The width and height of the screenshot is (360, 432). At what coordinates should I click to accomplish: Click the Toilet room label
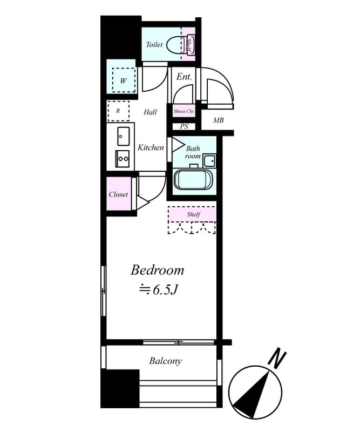click(x=154, y=44)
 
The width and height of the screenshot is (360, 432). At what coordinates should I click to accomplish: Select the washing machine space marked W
click(x=124, y=80)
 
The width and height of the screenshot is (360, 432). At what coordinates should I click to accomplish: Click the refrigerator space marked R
click(x=118, y=111)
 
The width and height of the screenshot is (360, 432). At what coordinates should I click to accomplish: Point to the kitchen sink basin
click(x=124, y=137)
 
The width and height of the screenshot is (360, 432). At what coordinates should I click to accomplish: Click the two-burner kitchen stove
click(x=123, y=159)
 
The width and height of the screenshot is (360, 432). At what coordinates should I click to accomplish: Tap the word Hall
click(x=150, y=112)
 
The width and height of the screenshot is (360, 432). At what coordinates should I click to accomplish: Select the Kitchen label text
click(x=151, y=147)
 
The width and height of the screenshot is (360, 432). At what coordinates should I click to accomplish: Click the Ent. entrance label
click(x=184, y=77)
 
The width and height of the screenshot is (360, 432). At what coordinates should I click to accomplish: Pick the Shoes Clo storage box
click(x=184, y=111)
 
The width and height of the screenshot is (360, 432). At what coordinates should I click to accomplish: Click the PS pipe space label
click(x=184, y=126)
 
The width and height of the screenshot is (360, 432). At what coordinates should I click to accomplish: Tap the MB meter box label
click(x=218, y=120)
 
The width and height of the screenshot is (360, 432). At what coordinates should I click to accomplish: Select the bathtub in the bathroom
click(x=193, y=180)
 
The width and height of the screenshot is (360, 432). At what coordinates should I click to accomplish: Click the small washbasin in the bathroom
click(x=209, y=161)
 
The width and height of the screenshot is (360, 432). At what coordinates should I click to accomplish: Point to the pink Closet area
click(x=119, y=194)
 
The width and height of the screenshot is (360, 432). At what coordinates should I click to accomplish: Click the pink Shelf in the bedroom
click(x=192, y=214)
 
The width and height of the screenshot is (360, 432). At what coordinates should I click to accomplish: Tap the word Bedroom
click(x=157, y=270)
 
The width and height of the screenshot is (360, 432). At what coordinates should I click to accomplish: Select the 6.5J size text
click(x=164, y=290)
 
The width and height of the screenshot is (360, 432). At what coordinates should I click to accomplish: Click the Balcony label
click(x=166, y=361)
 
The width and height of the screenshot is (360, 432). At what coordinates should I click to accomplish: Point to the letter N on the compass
click(x=277, y=359)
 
